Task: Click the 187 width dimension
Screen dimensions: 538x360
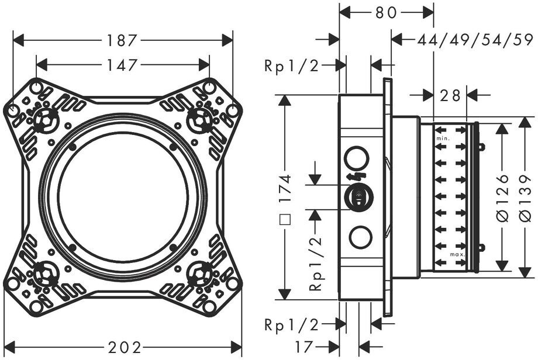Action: (x=122, y=40)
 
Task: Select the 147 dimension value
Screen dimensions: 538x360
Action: (x=122, y=65)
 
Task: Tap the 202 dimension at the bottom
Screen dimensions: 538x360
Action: (x=125, y=348)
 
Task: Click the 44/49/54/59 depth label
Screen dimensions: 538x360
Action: (x=475, y=40)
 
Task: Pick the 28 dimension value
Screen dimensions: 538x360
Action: (x=450, y=96)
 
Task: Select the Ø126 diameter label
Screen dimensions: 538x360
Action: (x=502, y=198)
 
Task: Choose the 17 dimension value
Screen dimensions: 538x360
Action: (x=304, y=347)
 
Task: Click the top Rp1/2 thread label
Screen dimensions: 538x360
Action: (x=292, y=65)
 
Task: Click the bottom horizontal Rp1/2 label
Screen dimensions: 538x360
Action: (x=292, y=324)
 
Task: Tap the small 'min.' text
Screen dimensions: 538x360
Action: (x=443, y=139)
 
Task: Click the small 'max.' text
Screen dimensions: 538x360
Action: (x=458, y=254)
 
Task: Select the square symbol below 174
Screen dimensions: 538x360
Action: (x=285, y=219)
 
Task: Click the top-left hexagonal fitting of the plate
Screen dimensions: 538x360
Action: (x=44, y=120)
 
